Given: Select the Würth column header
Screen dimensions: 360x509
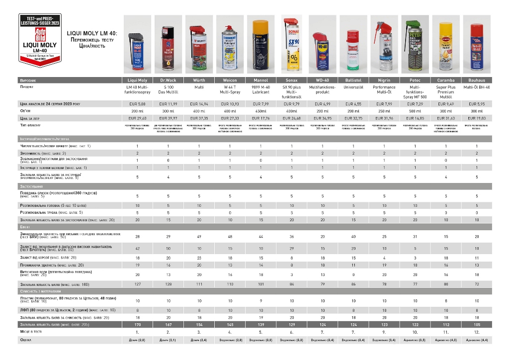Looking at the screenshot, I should point(199,80).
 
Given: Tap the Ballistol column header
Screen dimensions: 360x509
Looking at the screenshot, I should point(353,80).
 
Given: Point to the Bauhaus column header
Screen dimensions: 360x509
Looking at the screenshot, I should point(476,80).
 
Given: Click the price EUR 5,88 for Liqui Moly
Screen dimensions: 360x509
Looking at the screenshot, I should point(137,103).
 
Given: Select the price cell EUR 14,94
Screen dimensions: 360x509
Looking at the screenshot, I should point(199,103).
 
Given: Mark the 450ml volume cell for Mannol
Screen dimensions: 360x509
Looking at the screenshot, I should point(260,111).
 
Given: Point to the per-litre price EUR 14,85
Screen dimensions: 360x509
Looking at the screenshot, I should point(415,118).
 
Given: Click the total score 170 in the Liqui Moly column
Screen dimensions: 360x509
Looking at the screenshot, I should point(137,324).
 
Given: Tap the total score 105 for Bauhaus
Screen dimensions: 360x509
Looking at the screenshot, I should point(476,324).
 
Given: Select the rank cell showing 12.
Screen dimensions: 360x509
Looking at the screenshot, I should point(476,331).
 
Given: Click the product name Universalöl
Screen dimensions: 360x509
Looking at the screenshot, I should point(353,87).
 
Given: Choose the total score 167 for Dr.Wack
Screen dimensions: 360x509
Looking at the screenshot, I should point(168,324).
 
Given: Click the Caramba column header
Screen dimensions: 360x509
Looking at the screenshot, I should point(445,80).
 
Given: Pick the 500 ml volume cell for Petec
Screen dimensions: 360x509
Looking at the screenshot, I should point(415,111).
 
